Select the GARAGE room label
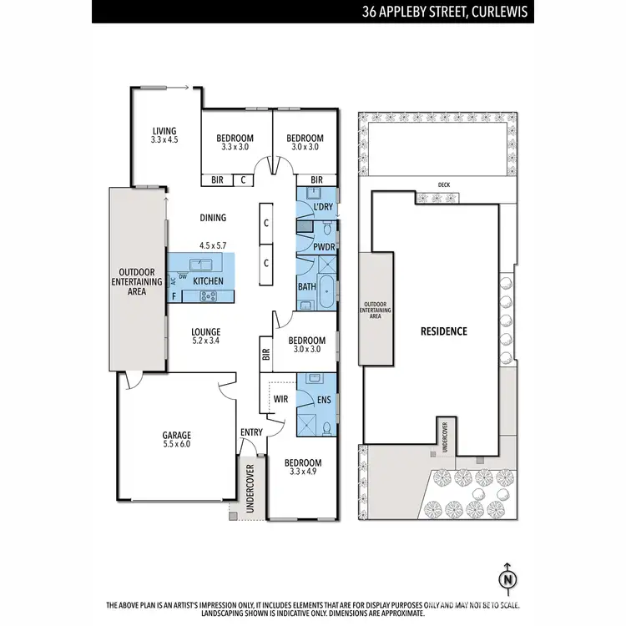[177, 435]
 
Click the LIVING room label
[164, 129]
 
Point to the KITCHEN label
[208, 281]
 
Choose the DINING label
[213, 218]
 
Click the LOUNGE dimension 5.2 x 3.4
[205, 341]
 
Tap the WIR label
[281, 399]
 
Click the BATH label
[306, 287]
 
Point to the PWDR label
[324, 247]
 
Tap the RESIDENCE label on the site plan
[443, 331]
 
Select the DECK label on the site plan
[443, 185]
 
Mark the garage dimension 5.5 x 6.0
[177, 445]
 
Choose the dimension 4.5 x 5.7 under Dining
[213, 245]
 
